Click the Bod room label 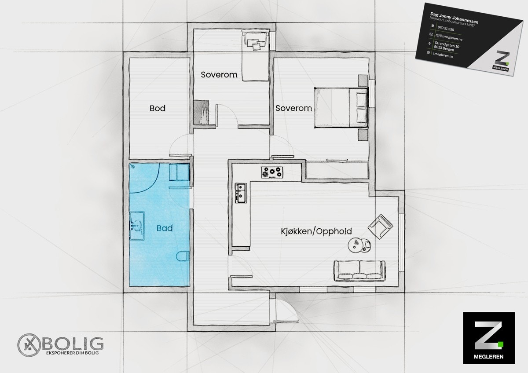[158, 108]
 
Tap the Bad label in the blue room [164, 229]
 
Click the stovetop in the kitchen [272, 172]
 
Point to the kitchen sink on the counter [241, 193]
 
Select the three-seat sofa [359, 270]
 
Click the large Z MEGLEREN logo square [489, 337]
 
